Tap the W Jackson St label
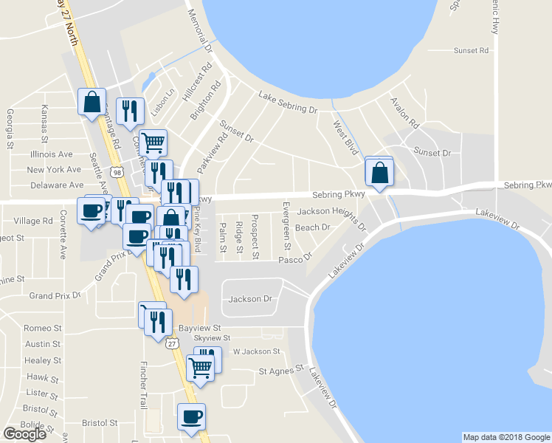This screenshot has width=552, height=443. click(257, 351)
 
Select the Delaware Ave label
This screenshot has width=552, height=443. click(55, 185)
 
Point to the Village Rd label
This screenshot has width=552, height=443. click(33, 221)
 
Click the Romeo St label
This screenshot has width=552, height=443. click(41, 328)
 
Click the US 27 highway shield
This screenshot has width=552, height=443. click(172, 343)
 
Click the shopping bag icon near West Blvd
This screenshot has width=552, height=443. click(379, 174)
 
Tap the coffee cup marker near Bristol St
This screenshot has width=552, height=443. click(192, 417)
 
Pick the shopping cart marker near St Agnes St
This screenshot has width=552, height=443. click(200, 367)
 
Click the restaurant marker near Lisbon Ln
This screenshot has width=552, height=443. click(131, 111)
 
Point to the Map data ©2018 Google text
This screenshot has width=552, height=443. click(506, 437)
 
